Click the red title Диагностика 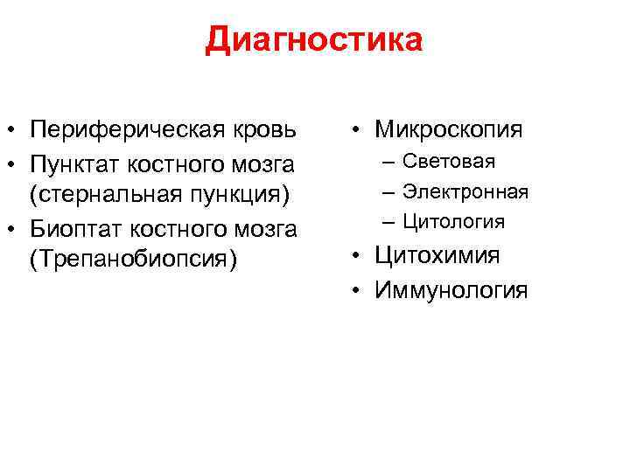[314, 40]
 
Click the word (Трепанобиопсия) [133, 262]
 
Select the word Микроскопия [449, 130]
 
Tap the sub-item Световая [449, 162]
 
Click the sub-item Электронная [465, 191]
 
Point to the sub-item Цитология [453, 222]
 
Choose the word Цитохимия [437, 255]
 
